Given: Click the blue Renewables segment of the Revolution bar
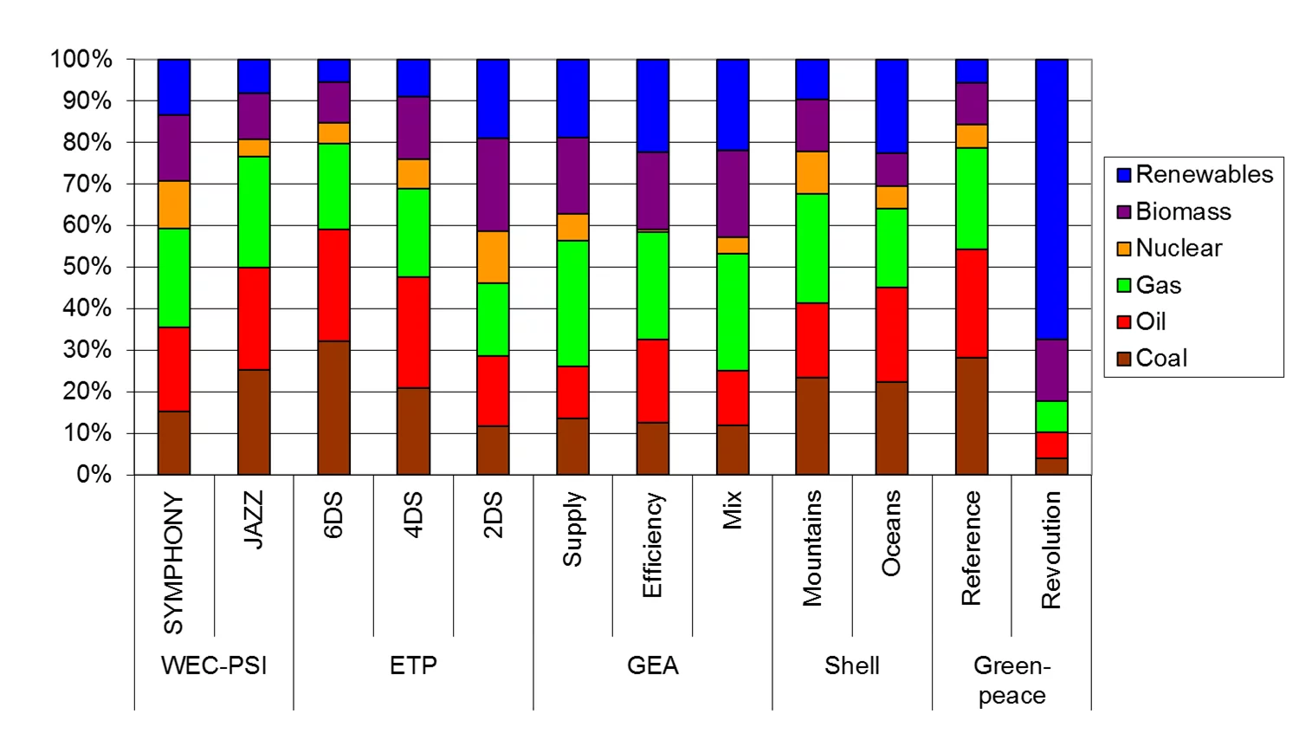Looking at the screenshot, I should [1051, 199].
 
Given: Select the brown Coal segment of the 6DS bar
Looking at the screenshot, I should [333, 407].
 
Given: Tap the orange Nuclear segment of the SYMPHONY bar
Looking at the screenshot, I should [174, 204].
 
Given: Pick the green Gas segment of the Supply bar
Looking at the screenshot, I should [572, 303].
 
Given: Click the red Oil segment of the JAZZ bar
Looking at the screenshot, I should [254, 318].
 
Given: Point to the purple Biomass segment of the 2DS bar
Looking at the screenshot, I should [493, 185].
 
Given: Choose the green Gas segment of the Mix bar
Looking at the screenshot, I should [732, 312].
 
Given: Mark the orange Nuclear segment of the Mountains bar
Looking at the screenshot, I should [811, 172].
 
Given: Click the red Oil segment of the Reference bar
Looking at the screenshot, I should [971, 303].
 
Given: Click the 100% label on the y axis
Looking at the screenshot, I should [81, 59].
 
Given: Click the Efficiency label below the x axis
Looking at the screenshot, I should [652, 545].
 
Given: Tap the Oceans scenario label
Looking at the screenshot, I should [891, 533].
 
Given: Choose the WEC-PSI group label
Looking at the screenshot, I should [214, 665].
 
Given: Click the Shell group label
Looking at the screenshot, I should [851, 665].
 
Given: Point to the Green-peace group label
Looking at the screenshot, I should [1011, 680].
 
